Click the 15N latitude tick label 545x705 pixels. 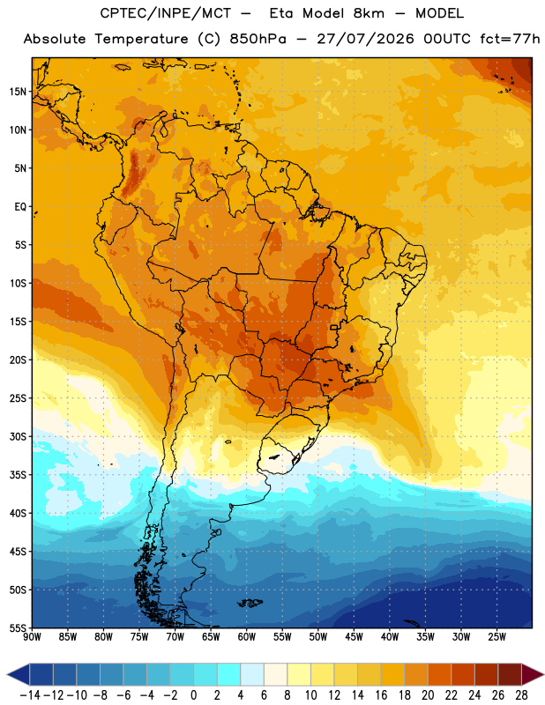click(18, 92)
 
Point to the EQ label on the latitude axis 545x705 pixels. click(20, 207)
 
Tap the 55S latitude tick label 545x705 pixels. click(18, 627)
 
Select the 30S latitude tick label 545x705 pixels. click(18, 436)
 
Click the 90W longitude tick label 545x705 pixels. click(32, 637)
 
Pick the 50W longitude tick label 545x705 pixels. click(318, 637)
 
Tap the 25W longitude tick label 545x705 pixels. click(496, 637)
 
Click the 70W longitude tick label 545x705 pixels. click(175, 637)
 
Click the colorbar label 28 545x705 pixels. click(521, 695)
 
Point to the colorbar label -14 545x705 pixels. click(30, 695)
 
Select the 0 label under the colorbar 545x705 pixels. click(193, 695)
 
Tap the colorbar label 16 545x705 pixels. click(381, 695)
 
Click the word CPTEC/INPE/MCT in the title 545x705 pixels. click(166, 13)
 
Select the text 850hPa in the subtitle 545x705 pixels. click(258, 39)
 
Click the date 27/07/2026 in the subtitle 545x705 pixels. click(365, 39)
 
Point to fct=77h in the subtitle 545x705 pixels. click(510, 39)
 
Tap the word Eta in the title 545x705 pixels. click(282, 13)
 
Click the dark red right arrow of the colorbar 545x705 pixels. click(533, 674)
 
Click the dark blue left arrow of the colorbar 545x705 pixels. click(19, 674)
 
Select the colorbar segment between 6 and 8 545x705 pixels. click(275, 674)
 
